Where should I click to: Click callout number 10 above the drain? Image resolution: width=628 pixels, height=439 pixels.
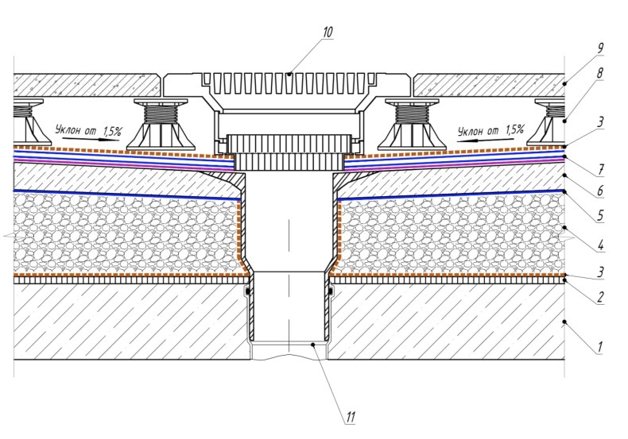[328, 32]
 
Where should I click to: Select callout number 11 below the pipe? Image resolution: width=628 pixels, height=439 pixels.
[351, 418]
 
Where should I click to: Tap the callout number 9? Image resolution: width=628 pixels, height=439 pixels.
[600, 48]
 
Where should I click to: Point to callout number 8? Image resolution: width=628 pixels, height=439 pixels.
[599, 73]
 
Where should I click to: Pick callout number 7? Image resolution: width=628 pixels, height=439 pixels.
[601, 170]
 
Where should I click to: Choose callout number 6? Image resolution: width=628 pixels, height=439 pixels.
[600, 191]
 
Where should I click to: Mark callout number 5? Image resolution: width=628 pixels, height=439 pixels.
[600, 215]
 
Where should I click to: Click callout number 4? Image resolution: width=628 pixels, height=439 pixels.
[600, 245]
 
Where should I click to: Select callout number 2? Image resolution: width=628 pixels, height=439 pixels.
[600, 297]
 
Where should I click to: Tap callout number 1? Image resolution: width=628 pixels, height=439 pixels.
[599, 347]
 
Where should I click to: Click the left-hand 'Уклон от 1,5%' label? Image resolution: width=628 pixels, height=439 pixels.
[88, 130]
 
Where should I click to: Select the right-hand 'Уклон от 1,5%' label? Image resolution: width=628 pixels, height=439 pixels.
[490, 130]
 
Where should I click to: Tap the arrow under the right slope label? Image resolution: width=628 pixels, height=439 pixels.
[485, 140]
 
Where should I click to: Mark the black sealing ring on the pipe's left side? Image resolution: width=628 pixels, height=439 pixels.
[248, 291]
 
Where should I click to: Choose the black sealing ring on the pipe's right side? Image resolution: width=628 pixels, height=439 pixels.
[331, 291]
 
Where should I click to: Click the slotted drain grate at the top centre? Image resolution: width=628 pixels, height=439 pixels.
[289, 83]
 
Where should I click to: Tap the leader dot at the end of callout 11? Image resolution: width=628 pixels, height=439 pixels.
[314, 344]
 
